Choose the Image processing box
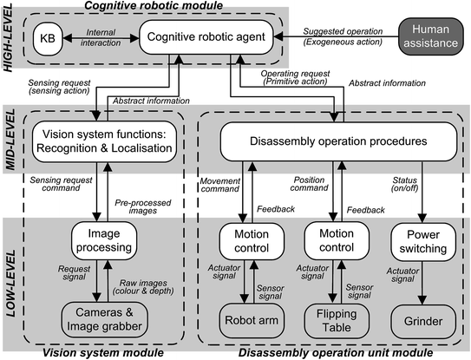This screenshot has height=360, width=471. [x=102, y=239]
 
